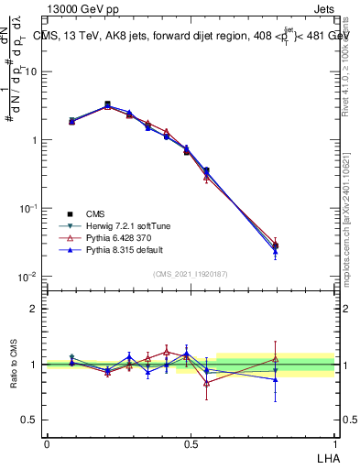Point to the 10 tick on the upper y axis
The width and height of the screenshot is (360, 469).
point(33,71)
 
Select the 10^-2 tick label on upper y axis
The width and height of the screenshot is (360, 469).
point(29,277)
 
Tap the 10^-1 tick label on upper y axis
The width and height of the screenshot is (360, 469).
point(29,209)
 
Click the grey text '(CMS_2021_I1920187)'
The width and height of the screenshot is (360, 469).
point(190,274)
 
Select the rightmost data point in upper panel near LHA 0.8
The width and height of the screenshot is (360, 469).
point(276,245)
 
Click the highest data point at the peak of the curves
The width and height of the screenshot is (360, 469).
point(107,104)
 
